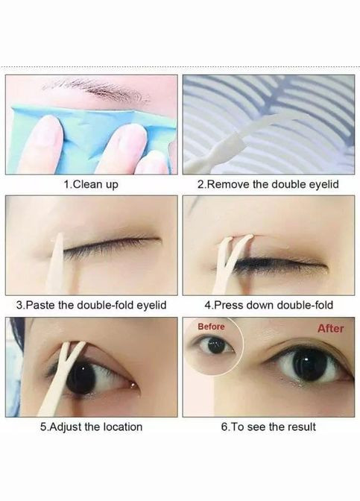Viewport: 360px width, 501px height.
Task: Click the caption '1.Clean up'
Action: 91,185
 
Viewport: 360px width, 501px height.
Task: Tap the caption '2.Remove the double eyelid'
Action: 268,185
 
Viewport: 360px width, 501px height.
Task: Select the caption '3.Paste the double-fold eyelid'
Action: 92,305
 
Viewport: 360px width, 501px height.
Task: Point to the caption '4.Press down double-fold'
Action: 268,305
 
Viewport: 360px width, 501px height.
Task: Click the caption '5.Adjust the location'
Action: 91,427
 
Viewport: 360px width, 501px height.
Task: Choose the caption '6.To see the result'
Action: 268,427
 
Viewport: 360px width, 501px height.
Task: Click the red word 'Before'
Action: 211,327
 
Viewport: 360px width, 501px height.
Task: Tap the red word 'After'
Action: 330,329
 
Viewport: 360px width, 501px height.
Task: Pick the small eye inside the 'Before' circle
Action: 212,345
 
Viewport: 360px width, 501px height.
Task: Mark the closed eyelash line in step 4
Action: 278,264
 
